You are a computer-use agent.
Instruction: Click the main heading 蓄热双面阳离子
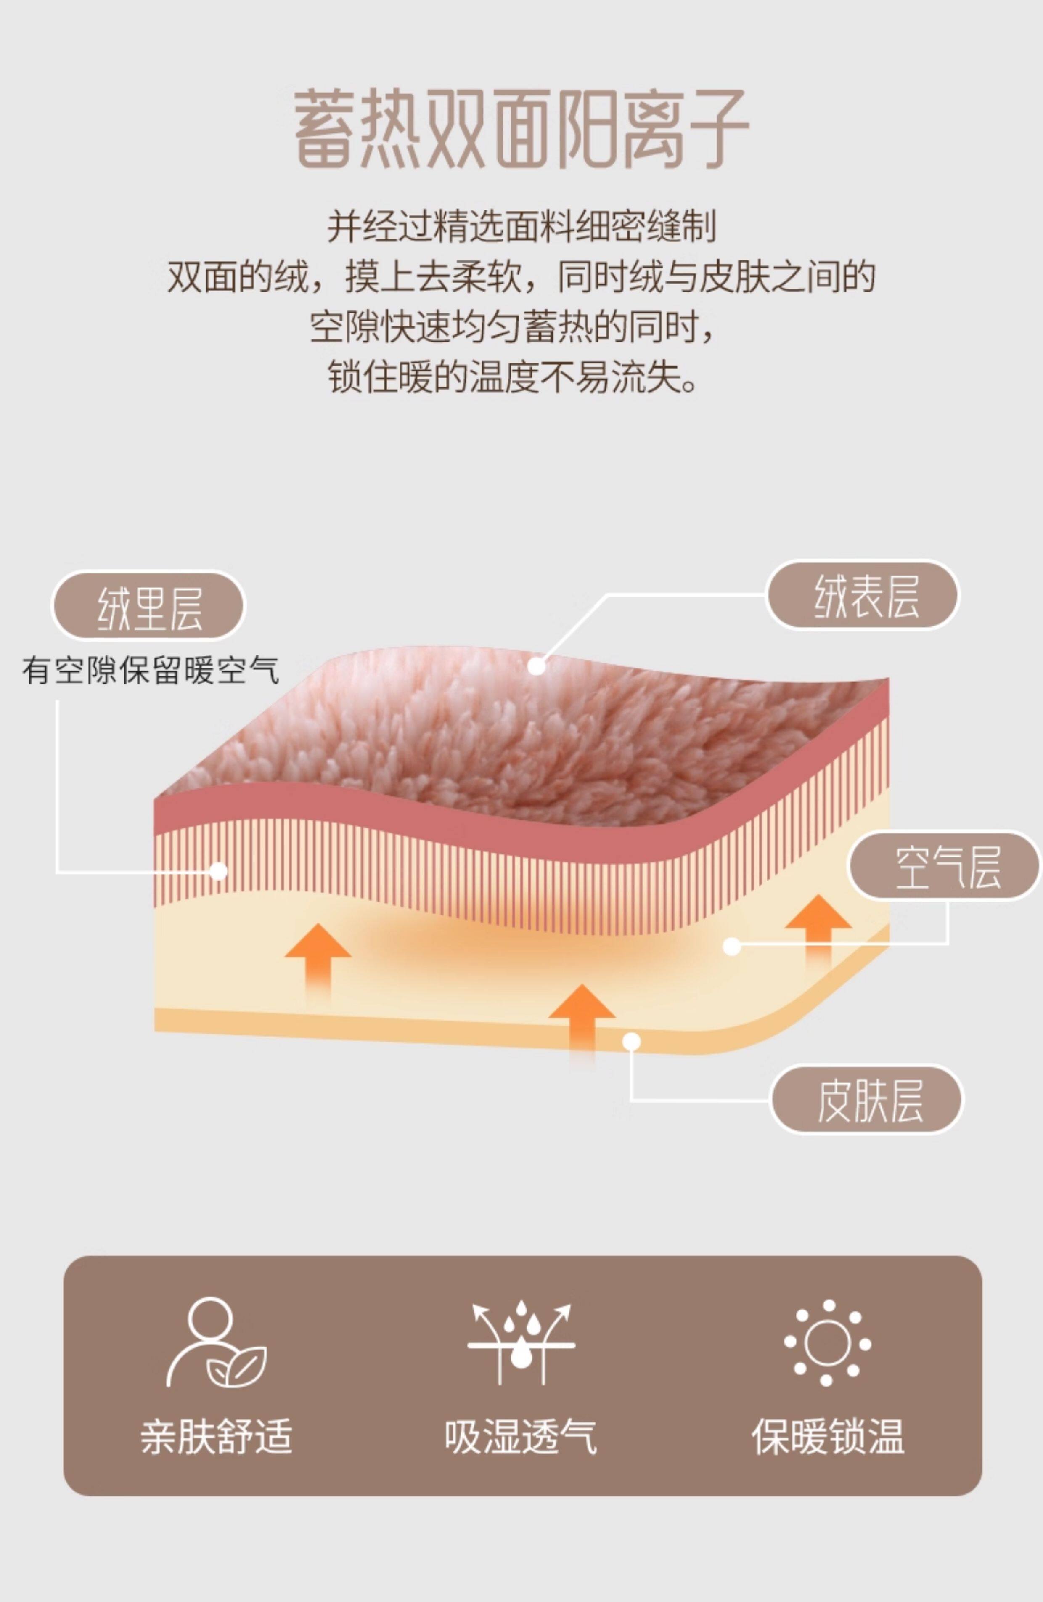point(521,129)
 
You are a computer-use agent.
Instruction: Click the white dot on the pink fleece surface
point(536,666)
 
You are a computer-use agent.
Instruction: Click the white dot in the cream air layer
point(731,947)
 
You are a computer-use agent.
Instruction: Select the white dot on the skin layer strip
point(631,1042)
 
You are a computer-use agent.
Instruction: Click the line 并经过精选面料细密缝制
point(521,227)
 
